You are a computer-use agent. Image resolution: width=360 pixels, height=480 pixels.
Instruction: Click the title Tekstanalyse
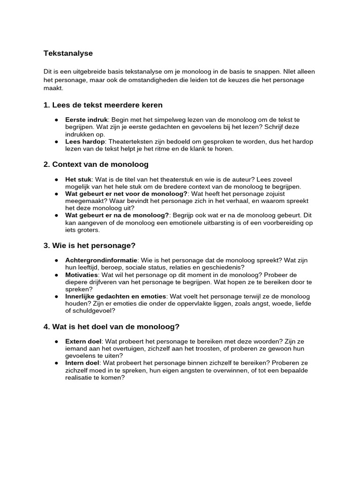click(68, 53)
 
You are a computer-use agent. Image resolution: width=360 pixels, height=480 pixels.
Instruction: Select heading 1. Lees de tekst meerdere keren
click(103, 105)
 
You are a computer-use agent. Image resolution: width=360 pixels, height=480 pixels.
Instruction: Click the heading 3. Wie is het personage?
click(89, 246)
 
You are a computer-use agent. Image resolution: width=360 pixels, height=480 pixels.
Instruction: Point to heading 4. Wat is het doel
click(111, 327)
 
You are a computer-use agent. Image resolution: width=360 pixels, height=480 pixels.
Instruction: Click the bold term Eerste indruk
click(87, 120)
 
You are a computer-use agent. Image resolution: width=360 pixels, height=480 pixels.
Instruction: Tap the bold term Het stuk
click(79, 179)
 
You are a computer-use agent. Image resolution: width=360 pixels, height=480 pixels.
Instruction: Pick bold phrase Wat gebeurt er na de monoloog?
click(117, 216)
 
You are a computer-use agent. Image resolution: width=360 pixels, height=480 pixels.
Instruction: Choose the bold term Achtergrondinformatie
click(101, 260)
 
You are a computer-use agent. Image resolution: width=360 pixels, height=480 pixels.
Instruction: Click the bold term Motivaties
click(82, 275)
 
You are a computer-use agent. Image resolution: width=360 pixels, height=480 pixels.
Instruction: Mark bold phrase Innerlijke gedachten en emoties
click(115, 297)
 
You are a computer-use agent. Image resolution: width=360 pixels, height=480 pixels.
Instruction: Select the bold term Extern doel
click(83, 341)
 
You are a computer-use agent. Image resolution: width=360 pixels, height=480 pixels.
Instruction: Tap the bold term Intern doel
click(82, 363)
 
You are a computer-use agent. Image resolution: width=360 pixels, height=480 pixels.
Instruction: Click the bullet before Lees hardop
click(56, 142)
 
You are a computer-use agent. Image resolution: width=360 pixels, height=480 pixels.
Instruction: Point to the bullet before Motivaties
click(56, 275)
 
